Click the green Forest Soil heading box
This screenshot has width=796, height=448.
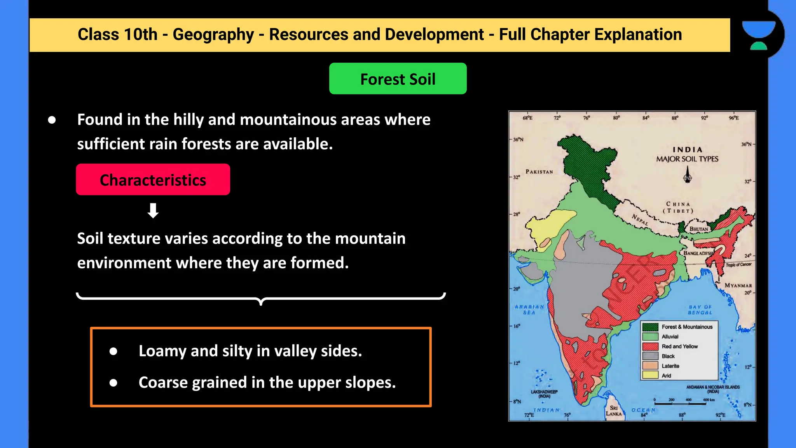tap(398, 79)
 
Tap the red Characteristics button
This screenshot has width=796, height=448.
tap(153, 180)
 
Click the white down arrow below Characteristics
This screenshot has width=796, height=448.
tap(153, 210)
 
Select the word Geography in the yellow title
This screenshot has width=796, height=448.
tap(213, 35)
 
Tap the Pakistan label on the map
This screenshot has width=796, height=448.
tap(539, 171)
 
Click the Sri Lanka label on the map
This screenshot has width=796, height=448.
tap(614, 411)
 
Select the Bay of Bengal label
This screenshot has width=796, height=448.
tap(700, 310)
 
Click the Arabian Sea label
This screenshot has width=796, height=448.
tap(529, 310)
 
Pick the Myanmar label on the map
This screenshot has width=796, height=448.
tap(738, 285)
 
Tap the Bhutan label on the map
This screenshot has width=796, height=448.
tap(699, 229)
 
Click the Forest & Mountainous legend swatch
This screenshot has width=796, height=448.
tap(650, 327)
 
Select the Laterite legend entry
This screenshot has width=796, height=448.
tap(670, 366)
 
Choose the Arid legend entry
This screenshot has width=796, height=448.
tap(666, 376)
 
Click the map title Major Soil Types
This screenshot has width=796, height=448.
tap(687, 159)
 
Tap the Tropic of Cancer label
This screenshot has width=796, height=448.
tap(738, 264)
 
